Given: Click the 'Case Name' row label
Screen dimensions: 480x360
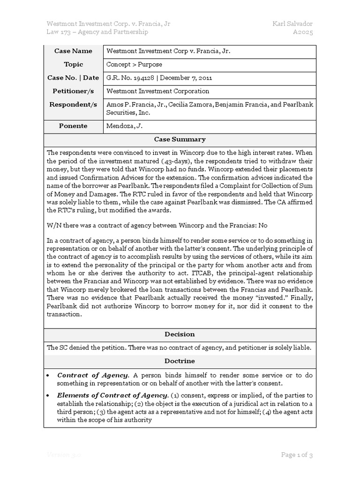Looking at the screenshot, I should pos(73,51).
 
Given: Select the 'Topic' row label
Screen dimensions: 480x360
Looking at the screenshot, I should pos(73,64).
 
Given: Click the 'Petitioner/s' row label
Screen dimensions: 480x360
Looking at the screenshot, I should pos(73,91).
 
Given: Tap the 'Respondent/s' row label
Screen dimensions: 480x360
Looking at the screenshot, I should pos(73,105).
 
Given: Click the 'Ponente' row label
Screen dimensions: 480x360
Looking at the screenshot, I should pos(73,126).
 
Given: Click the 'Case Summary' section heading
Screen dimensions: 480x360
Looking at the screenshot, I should pos(180,140).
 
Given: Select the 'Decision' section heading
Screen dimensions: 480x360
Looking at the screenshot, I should pos(180,334).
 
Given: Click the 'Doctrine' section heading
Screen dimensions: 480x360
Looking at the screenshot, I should pos(180,361).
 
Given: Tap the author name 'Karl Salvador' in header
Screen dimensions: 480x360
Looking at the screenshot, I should pos(292,23).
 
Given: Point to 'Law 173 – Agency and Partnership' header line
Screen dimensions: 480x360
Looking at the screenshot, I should pos(97,32).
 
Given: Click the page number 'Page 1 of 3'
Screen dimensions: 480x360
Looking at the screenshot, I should pos(297,455).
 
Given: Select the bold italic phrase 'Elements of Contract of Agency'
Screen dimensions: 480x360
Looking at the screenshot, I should pos(112,395).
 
